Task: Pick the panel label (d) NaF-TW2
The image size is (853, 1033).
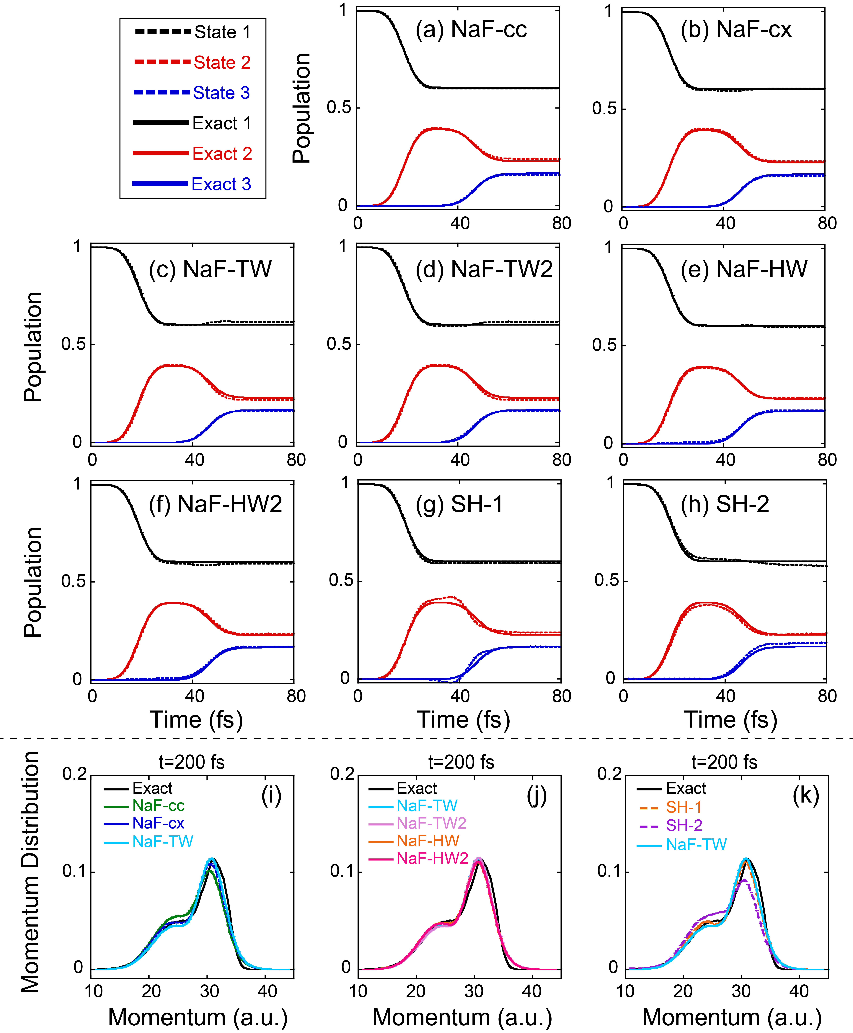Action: (x=484, y=269)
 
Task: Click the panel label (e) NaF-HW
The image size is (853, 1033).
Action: (x=743, y=269)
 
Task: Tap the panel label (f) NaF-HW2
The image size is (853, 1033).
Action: (x=215, y=505)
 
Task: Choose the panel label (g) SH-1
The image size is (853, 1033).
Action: (x=459, y=505)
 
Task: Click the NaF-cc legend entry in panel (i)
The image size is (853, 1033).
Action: (x=158, y=806)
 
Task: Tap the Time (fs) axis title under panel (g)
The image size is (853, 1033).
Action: (x=463, y=720)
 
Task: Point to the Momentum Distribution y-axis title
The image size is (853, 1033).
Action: (x=30, y=872)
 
